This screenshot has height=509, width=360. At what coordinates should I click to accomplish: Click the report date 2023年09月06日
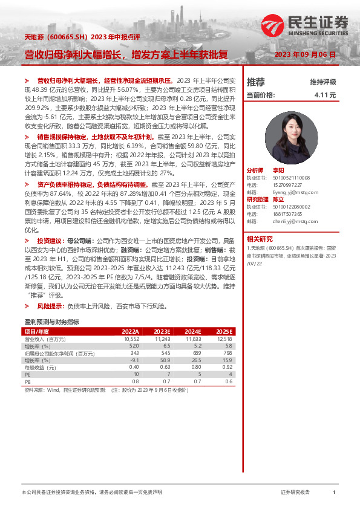[x=305, y=54]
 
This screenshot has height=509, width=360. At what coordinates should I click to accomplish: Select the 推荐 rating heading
[x=256, y=82]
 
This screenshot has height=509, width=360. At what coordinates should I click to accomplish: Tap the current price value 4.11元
[x=325, y=95]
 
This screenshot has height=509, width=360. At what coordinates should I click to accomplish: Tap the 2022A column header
[x=131, y=332]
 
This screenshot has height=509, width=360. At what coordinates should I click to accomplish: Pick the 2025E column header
[x=223, y=332]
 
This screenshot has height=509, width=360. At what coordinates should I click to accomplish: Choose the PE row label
[x=28, y=374]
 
